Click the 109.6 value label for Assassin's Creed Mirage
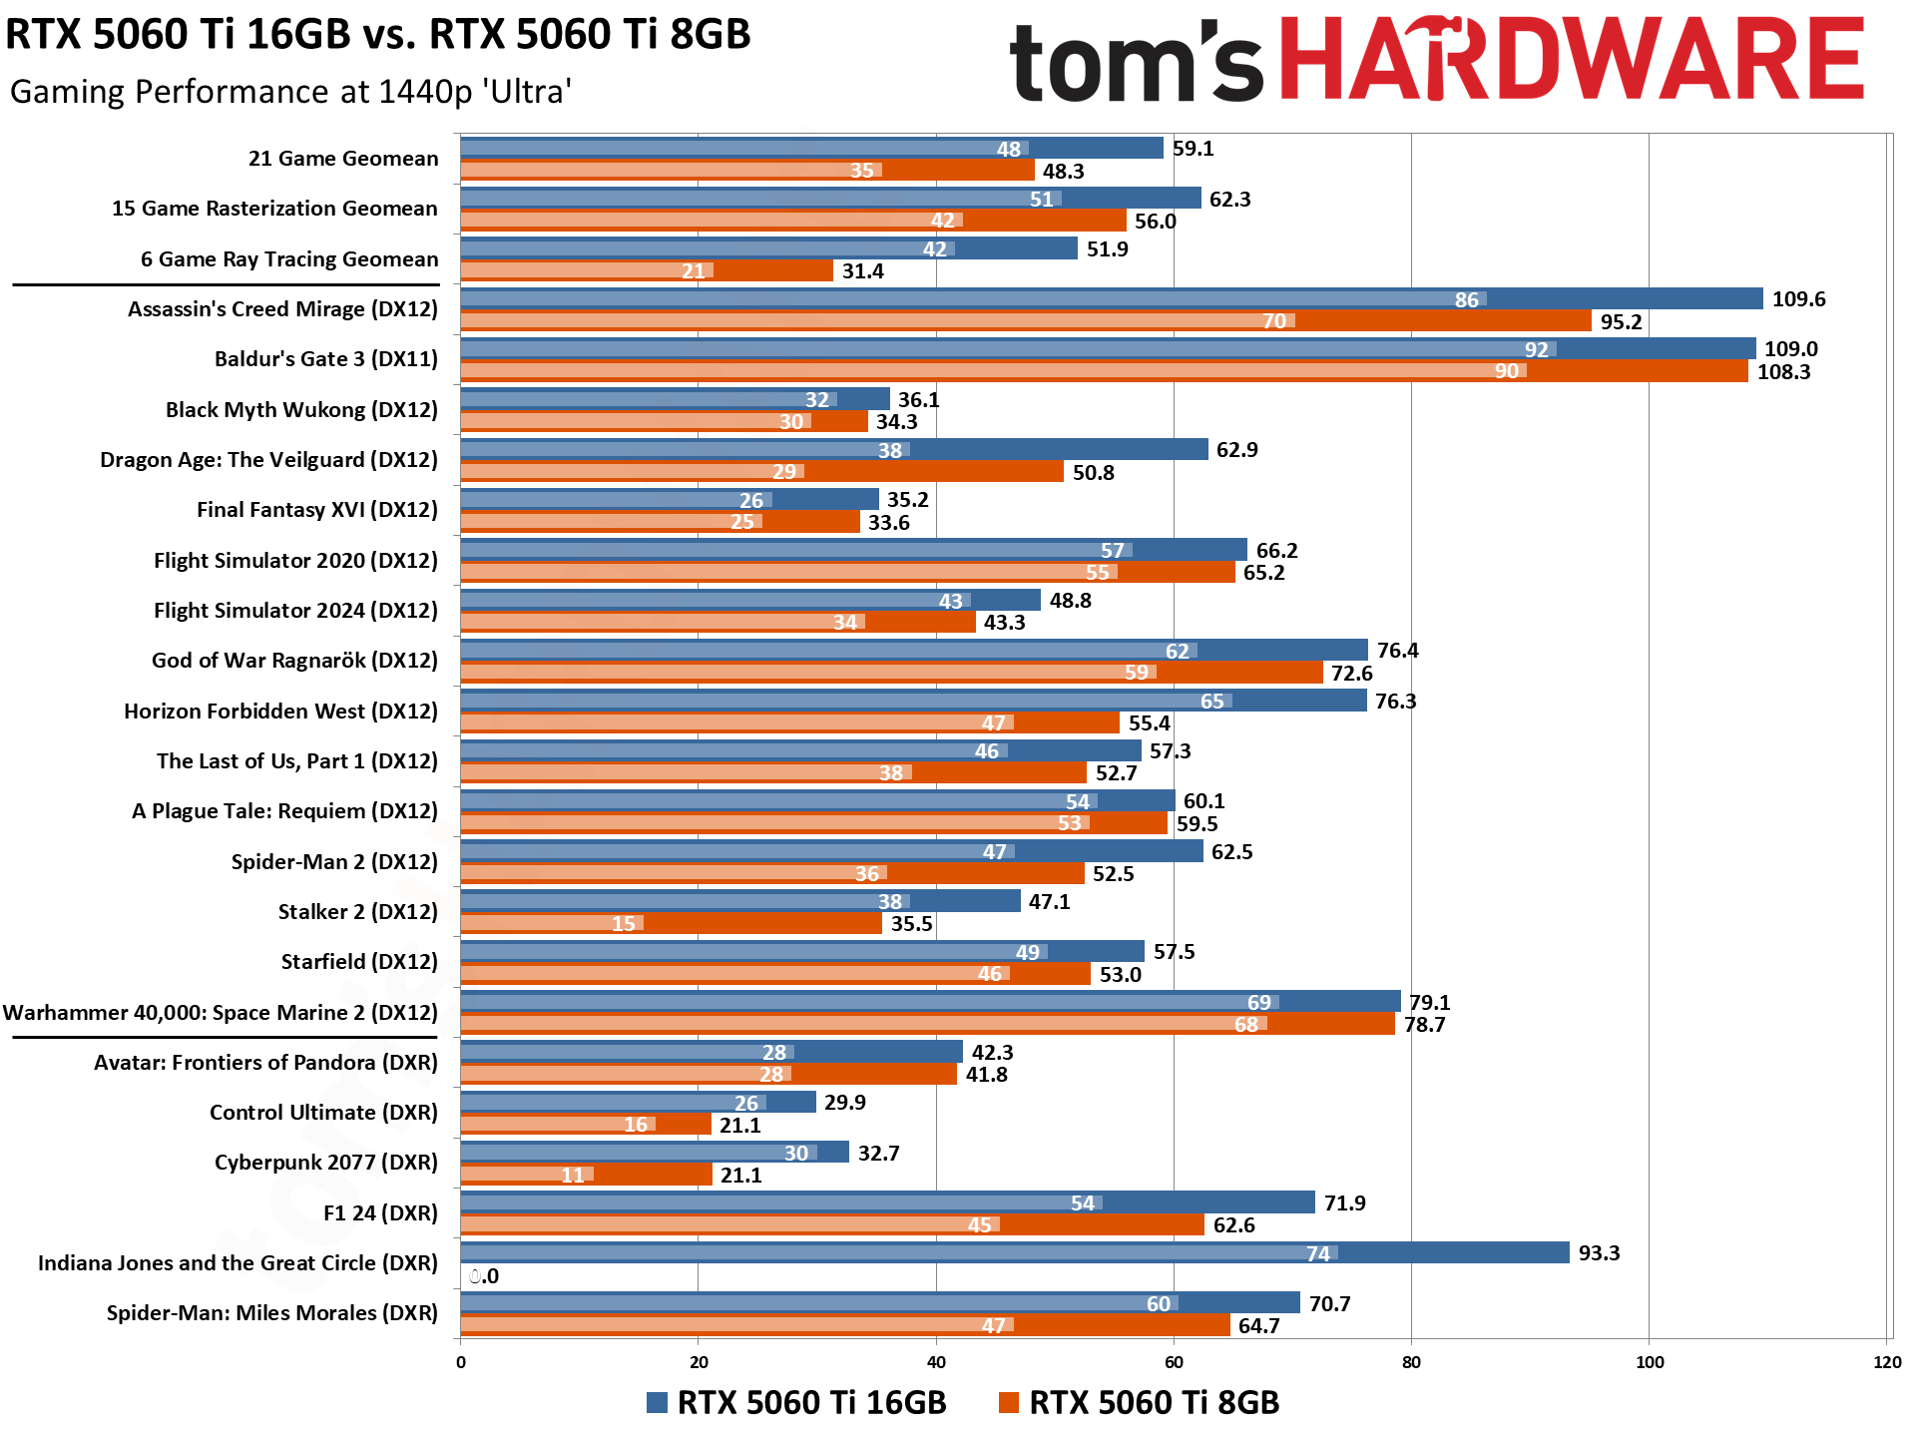tap(1798, 299)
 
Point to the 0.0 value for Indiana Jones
tap(484, 1276)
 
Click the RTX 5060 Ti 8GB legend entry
tap(1140, 1402)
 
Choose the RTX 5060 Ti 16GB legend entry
tap(796, 1402)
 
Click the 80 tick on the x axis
tap(1411, 1363)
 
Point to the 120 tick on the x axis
tap(1886, 1363)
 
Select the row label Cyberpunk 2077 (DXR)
tap(325, 1163)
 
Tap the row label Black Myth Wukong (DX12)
tap(301, 410)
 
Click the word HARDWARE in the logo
tap(1571, 60)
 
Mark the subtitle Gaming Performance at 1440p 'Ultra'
tap(290, 92)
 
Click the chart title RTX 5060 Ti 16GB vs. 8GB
tap(377, 35)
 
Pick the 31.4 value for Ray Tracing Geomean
tap(862, 271)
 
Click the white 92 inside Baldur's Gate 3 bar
tap(1536, 349)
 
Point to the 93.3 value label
tap(1599, 1253)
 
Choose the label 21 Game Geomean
tap(343, 159)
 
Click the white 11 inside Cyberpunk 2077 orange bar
tap(573, 1176)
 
